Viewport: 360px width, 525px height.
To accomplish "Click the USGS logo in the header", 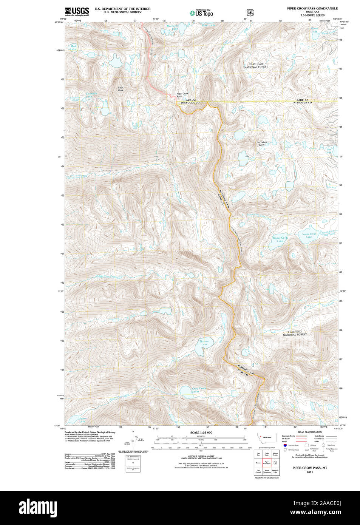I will coord(77,11).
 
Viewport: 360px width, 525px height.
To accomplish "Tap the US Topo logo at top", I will coord(201,13).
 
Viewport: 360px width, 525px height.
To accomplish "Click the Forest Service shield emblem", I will coord(250,13).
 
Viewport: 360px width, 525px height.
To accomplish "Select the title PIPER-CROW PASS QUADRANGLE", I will coord(312,8).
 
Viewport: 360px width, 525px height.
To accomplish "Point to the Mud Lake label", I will coord(73,48).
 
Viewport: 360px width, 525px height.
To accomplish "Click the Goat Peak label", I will coord(121,89).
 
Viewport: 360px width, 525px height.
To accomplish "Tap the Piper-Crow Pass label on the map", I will coord(182,95).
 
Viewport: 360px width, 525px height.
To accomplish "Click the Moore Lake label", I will coord(314,30).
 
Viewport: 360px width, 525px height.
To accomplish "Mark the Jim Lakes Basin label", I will coord(261,144).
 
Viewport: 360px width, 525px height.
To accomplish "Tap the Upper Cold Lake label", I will coord(280,239).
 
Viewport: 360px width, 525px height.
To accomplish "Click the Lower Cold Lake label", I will coord(309,235).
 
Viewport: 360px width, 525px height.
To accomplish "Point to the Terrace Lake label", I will coord(204,343).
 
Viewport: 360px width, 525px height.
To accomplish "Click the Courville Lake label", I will coord(91,95).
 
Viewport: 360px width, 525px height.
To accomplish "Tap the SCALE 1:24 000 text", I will coord(201,432).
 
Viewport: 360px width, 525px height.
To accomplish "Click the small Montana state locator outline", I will coord(267,437).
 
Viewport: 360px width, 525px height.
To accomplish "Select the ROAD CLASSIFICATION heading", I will coord(310,432).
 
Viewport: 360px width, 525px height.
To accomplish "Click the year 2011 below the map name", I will coord(310,472).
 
